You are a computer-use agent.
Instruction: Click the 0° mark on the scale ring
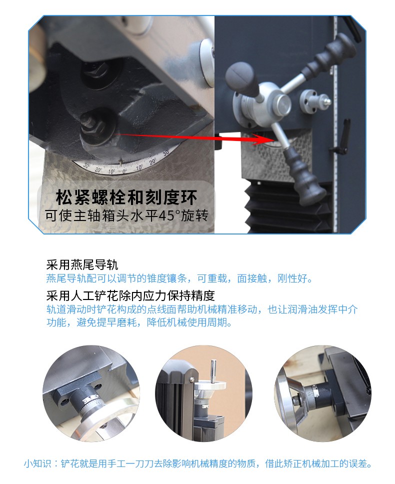click(124, 170)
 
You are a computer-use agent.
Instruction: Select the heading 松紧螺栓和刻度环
click(126, 198)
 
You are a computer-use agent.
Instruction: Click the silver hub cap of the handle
click(281, 103)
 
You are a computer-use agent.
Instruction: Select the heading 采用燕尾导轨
click(82, 265)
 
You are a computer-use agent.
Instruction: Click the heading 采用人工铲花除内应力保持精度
click(130, 295)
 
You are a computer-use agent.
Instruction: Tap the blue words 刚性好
click(294, 278)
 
